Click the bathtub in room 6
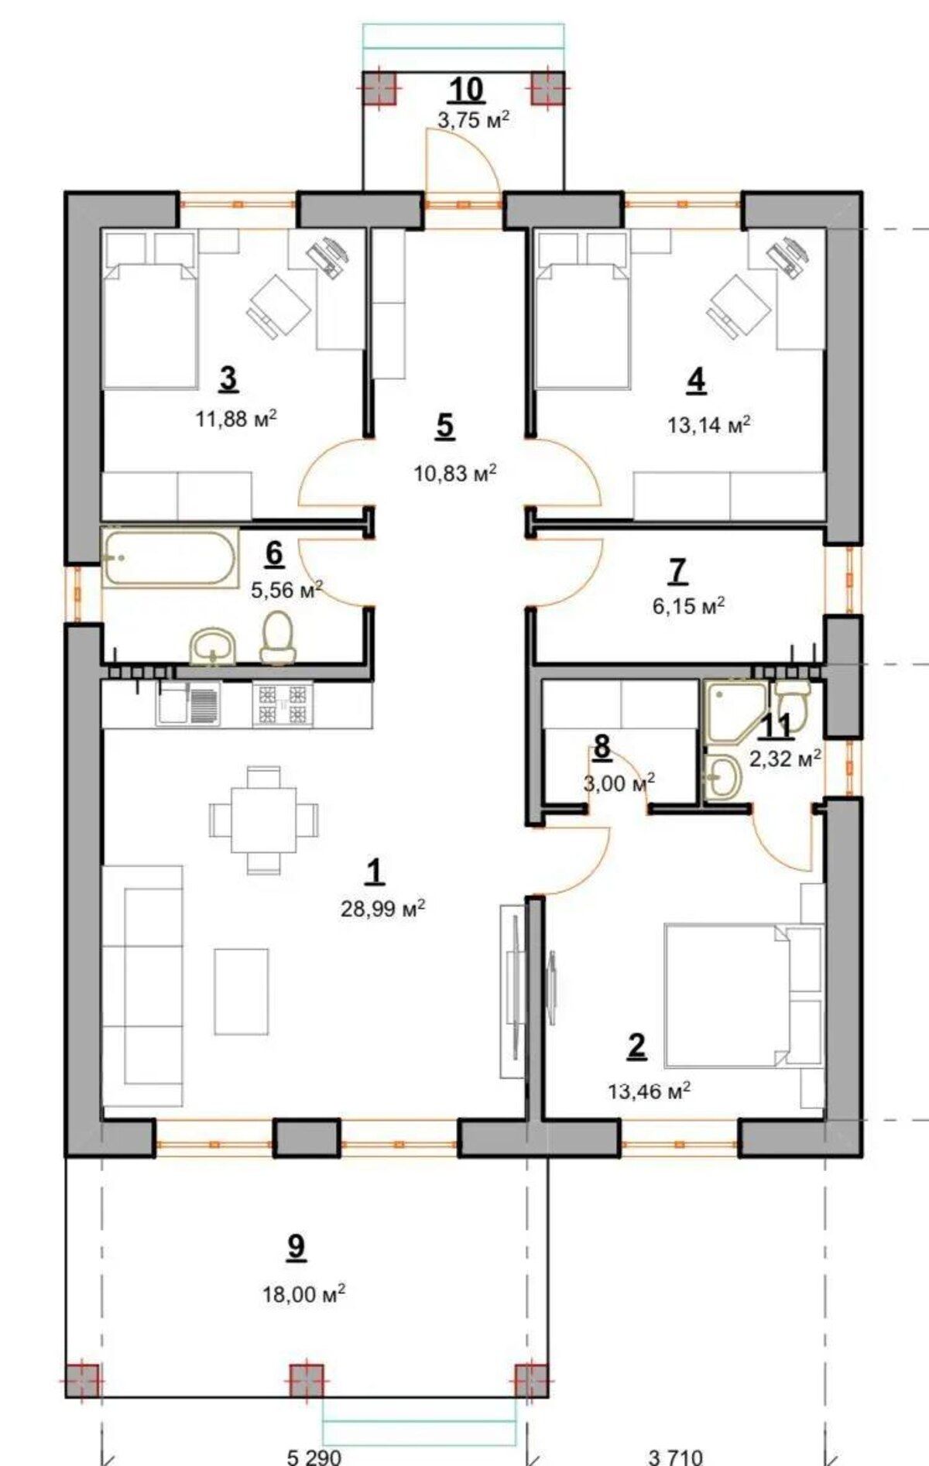click(169, 557)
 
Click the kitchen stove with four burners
click(283, 704)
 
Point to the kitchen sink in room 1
click(189, 704)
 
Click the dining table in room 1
click(263, 819)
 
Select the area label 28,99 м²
click(382, 908)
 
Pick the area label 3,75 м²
click(473, 119)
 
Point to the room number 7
click(677, 570)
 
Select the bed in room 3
click(150, 310)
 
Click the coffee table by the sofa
click(242, 992)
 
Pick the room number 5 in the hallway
click(444, 426)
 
